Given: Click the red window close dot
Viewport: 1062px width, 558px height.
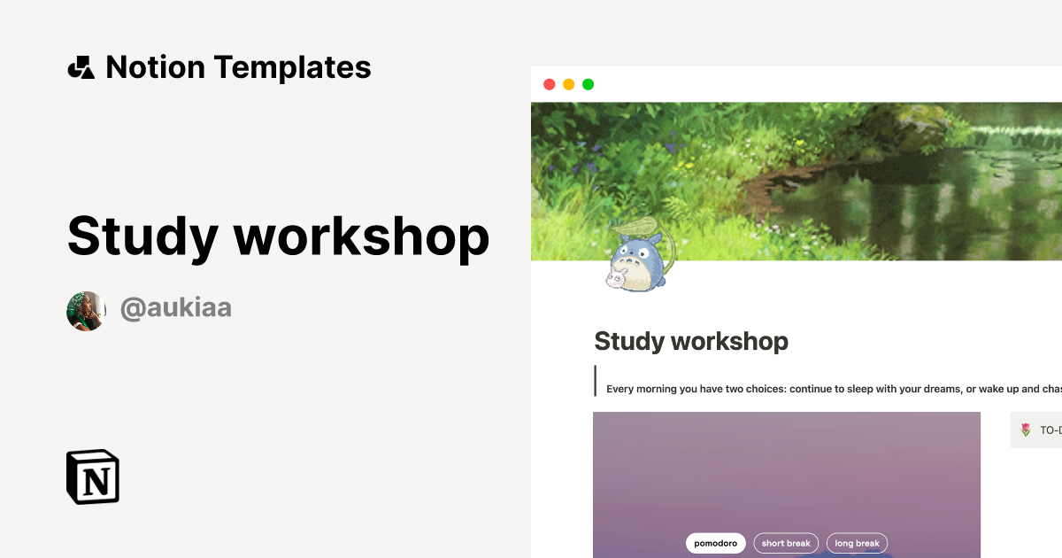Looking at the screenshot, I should pos(549,85).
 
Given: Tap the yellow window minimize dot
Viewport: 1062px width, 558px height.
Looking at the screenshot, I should pos(568,85).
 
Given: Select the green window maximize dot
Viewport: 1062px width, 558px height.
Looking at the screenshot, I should pos(588,85).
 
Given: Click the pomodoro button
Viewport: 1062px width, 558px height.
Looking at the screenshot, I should pos(715,543).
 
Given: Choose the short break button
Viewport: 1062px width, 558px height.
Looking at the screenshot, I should pos(786,543).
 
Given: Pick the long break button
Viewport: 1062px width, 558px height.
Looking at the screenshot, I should pos(857,543).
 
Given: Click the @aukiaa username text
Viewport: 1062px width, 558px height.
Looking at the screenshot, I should pos(175,308).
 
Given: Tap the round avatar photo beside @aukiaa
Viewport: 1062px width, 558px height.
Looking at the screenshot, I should pos(86,311).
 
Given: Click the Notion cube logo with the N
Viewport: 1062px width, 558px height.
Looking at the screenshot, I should pos(93,477).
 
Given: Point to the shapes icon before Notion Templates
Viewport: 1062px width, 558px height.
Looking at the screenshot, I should pos(81,67).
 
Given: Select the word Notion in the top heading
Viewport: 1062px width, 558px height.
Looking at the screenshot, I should pos(155,67).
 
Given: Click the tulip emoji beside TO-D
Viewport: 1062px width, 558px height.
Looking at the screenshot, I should pos(1026,430).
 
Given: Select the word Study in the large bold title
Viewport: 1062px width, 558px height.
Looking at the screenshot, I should pos(142,236).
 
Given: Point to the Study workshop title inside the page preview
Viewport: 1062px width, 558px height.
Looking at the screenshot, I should pos(690,341).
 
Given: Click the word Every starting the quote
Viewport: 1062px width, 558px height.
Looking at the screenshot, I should pos(621,389).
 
